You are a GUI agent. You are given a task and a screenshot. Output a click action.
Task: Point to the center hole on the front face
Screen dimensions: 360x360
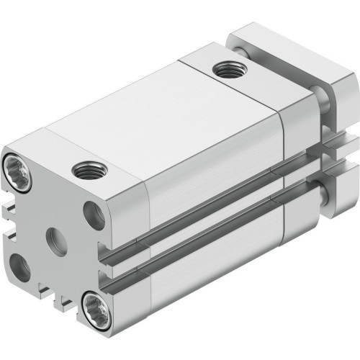pyautogui.click(x=55, y=236)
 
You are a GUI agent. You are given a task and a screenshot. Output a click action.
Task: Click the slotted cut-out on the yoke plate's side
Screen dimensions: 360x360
pyautogui.click(x=338, y=155)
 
